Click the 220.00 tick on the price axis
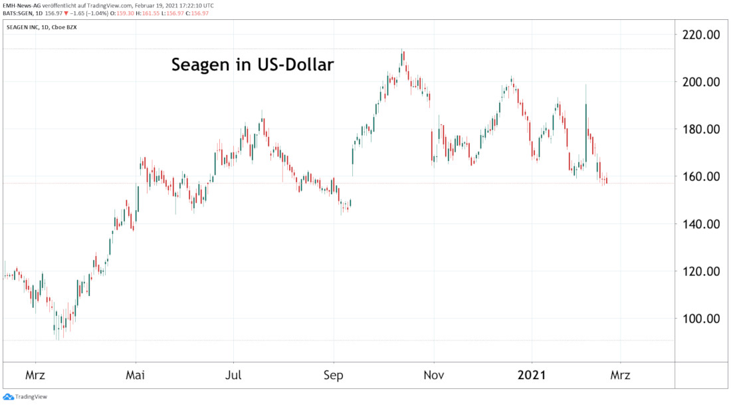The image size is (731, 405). (x=702, y=35)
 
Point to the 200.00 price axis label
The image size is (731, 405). (x=702, y=82)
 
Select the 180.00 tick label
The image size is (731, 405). (x=702, y=130)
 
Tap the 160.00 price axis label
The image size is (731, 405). (x=702, y=177)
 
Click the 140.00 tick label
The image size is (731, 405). (x=702, y=224)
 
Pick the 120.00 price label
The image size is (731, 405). (x=702, y=271)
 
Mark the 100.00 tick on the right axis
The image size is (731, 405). (x=702, y=319)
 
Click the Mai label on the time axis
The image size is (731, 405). (x=136, y=376)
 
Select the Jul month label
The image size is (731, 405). (x=233, y=376)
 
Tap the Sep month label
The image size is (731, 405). (x=333, y=376)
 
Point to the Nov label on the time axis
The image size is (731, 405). (x=433, y=376)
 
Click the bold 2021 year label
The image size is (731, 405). (x=532, y=376)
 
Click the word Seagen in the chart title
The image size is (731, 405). (x=198, y=66)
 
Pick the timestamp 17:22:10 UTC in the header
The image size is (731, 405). (x=190, y=5)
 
